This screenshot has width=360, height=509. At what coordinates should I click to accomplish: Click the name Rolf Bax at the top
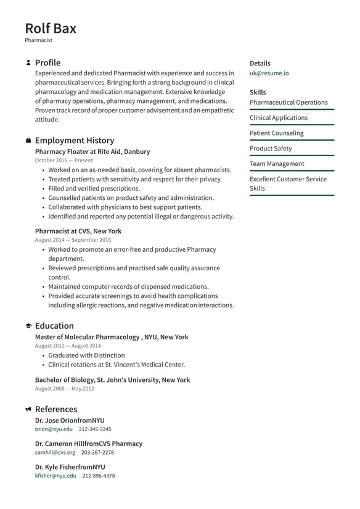pyautogui.click(x=51, y=28)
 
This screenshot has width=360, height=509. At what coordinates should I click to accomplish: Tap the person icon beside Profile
pyautogui.click(x=28, y=63)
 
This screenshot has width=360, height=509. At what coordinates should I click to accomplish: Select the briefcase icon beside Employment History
pyautogui.click(x=28, y=141)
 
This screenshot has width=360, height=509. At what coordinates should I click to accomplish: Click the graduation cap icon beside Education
pyautogui.click(x=28, y=326)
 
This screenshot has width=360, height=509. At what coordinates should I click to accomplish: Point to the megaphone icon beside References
pyautogui.click(x=28, y=409)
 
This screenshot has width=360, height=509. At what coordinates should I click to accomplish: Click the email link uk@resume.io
pyautogui.click(x=269, y=73)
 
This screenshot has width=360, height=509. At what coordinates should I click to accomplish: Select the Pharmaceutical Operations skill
pyautogui.click(x=288, y=102)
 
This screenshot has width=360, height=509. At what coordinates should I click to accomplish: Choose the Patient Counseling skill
pyautogui.click(x=276, y=133)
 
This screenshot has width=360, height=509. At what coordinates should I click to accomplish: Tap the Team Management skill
pyautogui.click(x=277, y=163)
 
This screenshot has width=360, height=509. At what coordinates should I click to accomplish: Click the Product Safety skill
pyautogui.click(x=271, y=148)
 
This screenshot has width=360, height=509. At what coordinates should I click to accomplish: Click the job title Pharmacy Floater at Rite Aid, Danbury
pyautogui.click(x=92, y=151)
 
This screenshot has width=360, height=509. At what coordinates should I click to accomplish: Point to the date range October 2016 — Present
pyautogui.click(x=64, y=160)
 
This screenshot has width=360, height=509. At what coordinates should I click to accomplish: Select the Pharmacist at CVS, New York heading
pyautogui.click(x=78, y=231)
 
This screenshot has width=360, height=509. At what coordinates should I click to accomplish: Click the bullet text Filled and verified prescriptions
pyautogui.click(x=94, y=188)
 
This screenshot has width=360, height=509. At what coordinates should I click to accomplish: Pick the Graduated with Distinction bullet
pyautogui.click(x=86, y=355)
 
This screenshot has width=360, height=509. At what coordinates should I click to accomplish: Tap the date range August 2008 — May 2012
pyautogui.click(x=64, y=389)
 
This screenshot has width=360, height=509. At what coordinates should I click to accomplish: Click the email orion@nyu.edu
pyautogui.click(x=54, y=429)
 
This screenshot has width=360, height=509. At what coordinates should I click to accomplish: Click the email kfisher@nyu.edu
pyautogui.click(x=55, y=476)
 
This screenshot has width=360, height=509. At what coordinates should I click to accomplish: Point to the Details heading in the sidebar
pyautogui.click(x=260, y=63)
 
